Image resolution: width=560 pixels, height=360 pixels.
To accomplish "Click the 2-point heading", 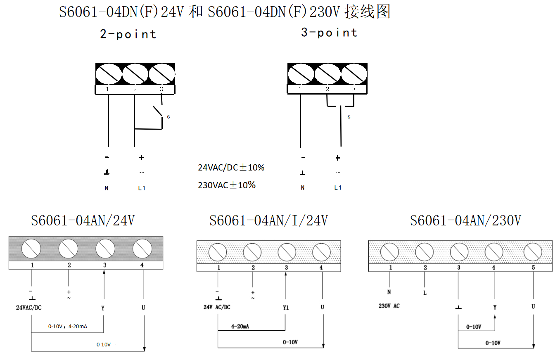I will (x=128, y=34).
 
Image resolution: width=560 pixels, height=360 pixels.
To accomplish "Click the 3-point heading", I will (x=329, y=33).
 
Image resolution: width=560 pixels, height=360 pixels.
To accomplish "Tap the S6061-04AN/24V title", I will (x=83, y=220).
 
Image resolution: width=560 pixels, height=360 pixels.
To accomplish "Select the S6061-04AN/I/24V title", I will (x=268, y=220).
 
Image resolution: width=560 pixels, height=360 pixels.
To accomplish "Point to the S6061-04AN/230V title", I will (x=465, y=220).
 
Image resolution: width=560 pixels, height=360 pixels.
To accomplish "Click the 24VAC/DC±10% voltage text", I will (x=231, y=168).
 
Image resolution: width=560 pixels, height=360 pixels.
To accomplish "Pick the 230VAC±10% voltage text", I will (x=227, y=185).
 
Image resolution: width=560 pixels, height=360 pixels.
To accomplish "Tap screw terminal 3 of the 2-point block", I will (x=161, y=75).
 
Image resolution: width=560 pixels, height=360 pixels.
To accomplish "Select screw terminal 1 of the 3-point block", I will (x=300, y=75).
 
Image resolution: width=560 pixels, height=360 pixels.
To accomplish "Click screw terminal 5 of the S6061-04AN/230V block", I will (x=533, y=252).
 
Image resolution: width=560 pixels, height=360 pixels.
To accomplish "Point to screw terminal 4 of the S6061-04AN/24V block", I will (x=142, y=249).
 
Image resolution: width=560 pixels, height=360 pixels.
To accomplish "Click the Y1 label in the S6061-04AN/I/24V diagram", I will (x=286, y=307).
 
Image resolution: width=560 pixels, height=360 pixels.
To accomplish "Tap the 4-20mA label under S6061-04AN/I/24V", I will (x=240, y=326).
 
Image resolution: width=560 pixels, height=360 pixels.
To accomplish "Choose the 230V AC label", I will (x=389, y=306).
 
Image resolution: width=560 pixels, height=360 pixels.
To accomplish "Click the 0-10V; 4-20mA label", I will (x=67, y=327).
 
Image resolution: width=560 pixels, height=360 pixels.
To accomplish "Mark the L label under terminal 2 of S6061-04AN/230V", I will (x=425, y=293).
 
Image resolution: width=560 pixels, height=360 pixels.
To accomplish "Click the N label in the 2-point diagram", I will (x=107, y=188).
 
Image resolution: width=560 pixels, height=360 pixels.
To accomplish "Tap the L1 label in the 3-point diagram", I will (x=338, y=188).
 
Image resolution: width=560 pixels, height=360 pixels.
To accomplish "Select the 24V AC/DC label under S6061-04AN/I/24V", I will (x=217, y=307).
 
